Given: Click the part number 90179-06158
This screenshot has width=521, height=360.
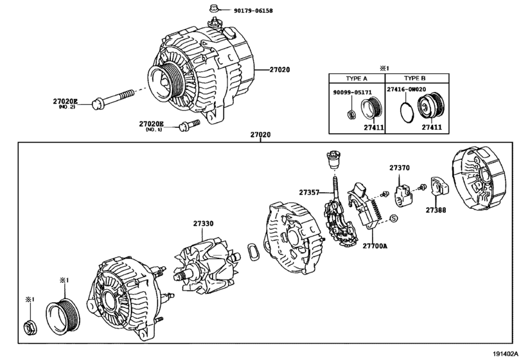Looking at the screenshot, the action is (x=253, y=11).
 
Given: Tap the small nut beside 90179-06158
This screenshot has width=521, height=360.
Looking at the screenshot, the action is (x=214, y=8).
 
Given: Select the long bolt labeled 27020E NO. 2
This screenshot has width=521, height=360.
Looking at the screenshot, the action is (x=112, y=98).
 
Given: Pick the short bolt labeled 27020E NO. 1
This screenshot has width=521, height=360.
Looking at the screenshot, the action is (x=190, y=125).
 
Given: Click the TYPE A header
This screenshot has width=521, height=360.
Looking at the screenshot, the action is (x=357, y=78).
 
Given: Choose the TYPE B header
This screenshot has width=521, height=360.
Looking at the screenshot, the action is (x=414, y=78).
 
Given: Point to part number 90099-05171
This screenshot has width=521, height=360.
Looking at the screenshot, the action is (x=353, y=92).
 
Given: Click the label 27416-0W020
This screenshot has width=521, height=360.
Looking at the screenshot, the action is (x=407, y=89).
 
